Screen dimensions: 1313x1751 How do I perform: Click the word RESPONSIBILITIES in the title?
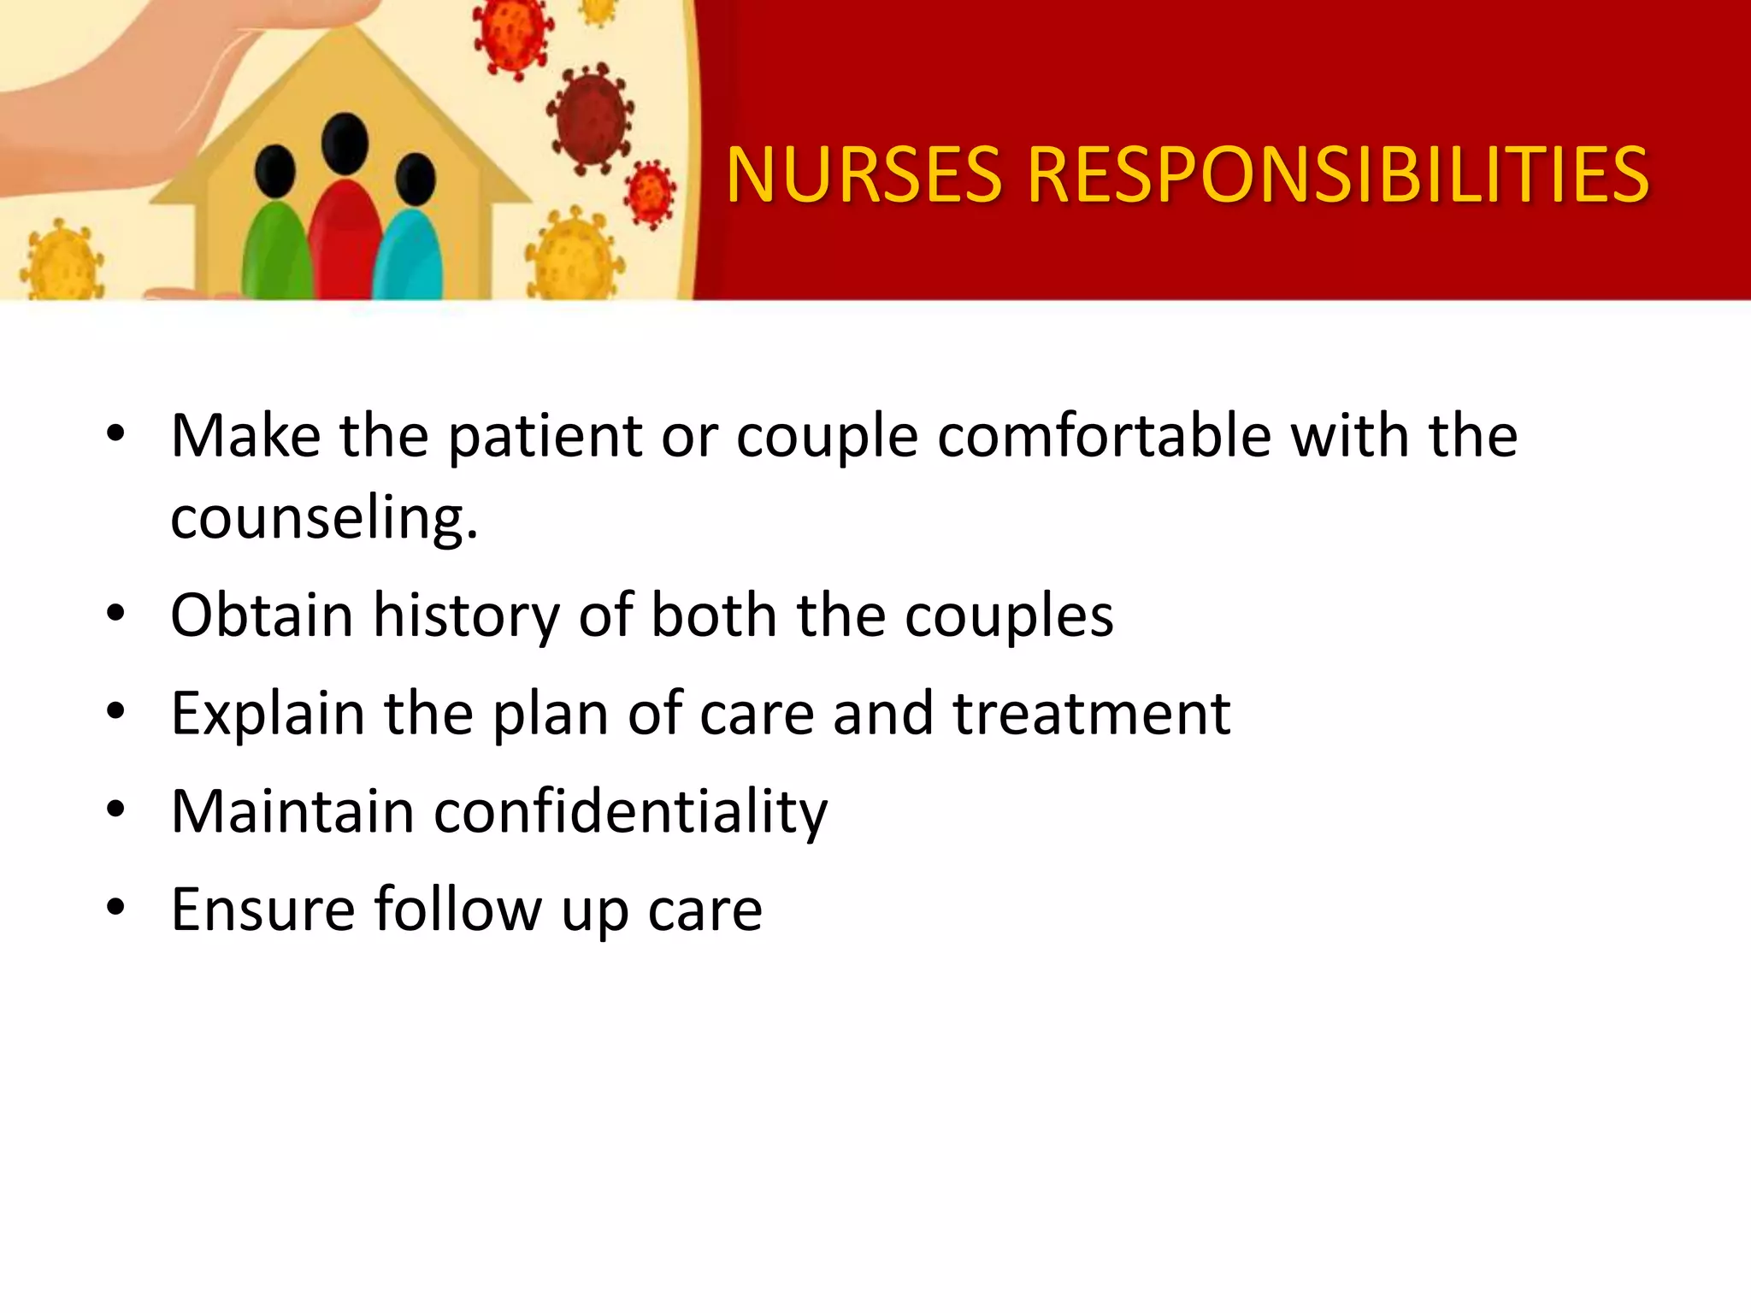[x=1337, y=175]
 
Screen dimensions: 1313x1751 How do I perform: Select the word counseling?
[x=323, y=518]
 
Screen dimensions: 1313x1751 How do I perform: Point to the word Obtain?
[x=262, y=615]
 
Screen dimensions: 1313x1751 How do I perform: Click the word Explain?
[x=268, y=715]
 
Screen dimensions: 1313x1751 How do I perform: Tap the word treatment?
[x=1091, y=715]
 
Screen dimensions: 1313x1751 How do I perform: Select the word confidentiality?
[x=630, y=812]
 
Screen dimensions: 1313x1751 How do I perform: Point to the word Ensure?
[x=262, y=910]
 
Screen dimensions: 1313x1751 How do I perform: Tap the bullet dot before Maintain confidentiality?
[x=115, y=809]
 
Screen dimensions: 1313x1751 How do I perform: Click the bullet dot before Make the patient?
[x=115, y=434]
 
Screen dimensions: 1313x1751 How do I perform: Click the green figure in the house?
[x=275, y=252]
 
